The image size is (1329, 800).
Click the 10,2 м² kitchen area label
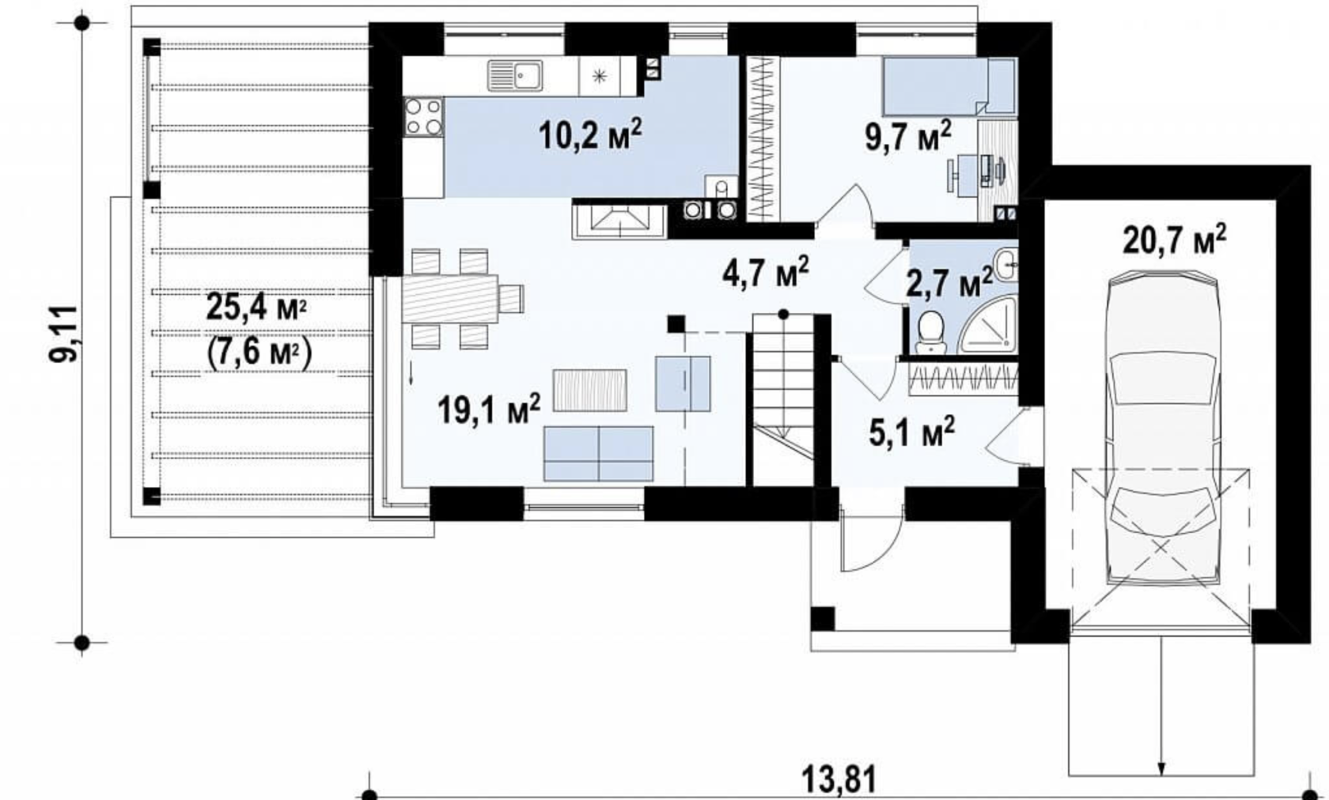(590, 134)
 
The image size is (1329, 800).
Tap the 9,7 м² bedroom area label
(908, 138)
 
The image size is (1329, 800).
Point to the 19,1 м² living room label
(490, 409)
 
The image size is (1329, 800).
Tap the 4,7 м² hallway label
(766, 273)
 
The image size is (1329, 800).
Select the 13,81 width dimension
(839, 781)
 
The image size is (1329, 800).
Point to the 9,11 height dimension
(63, 334)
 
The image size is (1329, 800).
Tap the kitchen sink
(515, 76)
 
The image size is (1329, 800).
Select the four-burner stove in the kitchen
(424, 117)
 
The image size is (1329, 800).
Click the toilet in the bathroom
(931, 334)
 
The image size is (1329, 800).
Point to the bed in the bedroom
(949, 86)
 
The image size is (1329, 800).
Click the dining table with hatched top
(451, 298)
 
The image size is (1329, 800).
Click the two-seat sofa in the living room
(599, 454)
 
